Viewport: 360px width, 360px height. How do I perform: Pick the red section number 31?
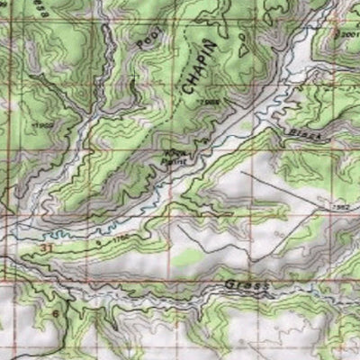[x=46, y=246]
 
